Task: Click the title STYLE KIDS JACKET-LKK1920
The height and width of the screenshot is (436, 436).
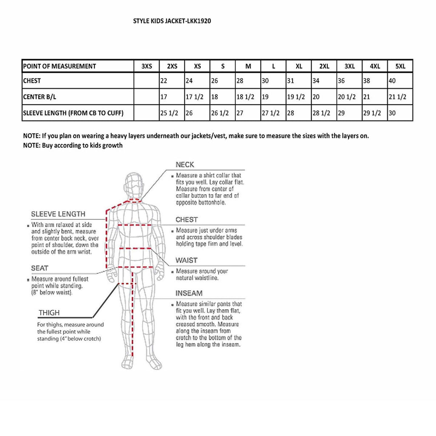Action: click(x=172, y=20)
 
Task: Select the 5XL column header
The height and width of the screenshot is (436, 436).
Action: click(x=400, y=66)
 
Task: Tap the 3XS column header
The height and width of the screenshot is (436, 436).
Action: click(x=146, y=66)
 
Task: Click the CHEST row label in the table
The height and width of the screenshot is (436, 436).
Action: click(x=32, y=80)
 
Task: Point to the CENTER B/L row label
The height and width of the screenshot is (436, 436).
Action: click(x=40, y=97)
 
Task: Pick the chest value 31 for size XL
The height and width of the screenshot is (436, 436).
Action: click(x=291, y=80)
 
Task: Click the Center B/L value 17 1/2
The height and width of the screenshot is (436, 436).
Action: click(x=194, y=97)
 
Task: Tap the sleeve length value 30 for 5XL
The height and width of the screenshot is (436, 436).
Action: click(x=393, y=113)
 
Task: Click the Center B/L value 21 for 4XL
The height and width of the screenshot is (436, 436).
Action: click(x=367, y=97)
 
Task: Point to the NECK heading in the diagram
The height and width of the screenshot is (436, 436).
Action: click(x=185, y=165)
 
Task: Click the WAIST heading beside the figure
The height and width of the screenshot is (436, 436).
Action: click(x=186, y=260)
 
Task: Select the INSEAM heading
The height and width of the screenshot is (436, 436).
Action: click(x=189, y=293)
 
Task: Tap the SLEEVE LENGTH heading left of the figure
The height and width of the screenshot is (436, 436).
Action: click(x=58, y=214)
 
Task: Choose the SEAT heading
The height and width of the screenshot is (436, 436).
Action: click(x=40, y=268)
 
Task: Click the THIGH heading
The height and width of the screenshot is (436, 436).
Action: click(x=49, y=313)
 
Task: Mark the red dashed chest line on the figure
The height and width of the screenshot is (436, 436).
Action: click(x=135, y=224)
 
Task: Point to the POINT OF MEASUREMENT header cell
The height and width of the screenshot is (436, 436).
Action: click(x=60, y=66)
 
